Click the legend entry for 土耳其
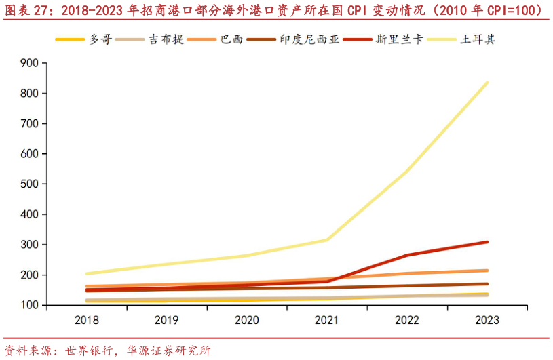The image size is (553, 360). (x=478, y=39)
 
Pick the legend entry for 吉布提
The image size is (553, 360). (x=166, y=39)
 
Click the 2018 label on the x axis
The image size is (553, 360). (x=88, y=319)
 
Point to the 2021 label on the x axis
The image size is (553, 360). (x=327, y=319)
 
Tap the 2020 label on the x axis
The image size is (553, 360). (x=247, y=319)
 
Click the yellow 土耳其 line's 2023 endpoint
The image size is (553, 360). (x=487, y=83)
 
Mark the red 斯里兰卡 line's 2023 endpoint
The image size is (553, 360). (x=487, y=242)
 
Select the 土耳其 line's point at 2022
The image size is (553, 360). (x=407, y=171)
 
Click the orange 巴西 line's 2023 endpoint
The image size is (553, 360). (x=487, y=271)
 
